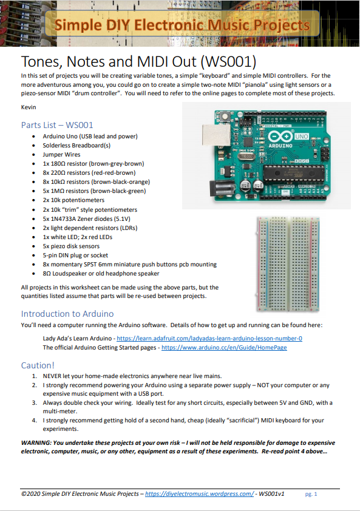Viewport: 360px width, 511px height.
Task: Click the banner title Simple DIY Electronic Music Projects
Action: (182, 25)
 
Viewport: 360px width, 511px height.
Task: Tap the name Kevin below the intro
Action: (29, 107)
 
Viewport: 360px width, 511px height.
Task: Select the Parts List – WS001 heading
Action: (57, 125)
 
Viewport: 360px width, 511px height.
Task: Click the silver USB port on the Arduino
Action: (214, 138)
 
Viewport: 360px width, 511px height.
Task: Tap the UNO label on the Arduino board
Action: (301, 137)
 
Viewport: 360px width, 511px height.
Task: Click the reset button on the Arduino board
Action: (225, 116)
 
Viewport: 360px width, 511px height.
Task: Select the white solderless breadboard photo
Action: (288, 264)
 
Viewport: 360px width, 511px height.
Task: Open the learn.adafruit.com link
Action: (209, 339)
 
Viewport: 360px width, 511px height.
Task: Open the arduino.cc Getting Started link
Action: (224, 348)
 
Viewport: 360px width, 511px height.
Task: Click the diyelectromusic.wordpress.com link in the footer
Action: (199, 494)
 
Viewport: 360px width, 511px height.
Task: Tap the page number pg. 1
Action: (311, 494)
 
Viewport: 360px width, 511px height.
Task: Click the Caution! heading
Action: (38, 365)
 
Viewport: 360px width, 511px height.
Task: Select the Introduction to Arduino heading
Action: (67, 314)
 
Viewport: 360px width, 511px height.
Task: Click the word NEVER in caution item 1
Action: (52, 376)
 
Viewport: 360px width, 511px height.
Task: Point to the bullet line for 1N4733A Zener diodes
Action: (86, 219)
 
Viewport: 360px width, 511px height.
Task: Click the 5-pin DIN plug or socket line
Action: (75, 255)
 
